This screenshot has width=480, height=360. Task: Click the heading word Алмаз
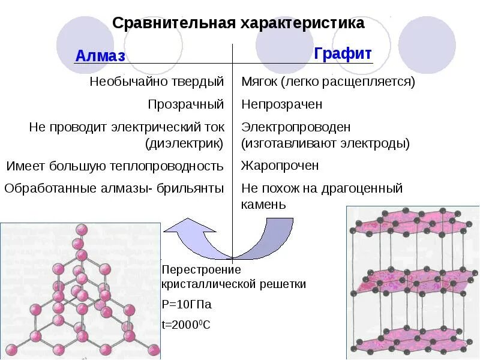100,56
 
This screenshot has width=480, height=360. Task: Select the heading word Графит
343,53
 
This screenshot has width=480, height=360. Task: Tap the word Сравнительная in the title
174,23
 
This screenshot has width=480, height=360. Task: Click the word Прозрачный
186,104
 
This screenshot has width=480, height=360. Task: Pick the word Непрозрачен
282,104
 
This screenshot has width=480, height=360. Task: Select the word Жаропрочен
280,166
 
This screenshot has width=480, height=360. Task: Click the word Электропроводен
296,128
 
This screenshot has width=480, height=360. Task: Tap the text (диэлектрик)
184,144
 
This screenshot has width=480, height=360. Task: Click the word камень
264,205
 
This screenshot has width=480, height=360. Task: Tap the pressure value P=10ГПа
187,304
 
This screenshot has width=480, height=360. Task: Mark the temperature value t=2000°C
186,325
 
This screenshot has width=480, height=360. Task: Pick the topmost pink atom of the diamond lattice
80,229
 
